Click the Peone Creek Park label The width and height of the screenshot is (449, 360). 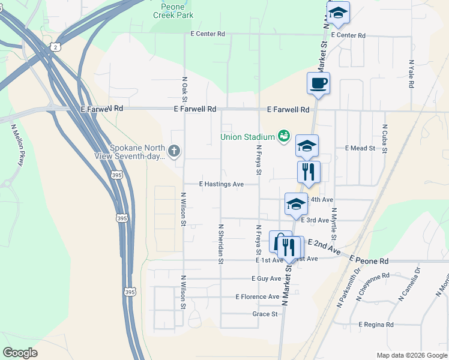click(x=177, y=11)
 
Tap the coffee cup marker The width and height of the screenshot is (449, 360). click(x=318, y=83)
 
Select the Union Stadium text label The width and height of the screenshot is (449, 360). click(x=247, y=137)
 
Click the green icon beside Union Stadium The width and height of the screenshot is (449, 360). click(x=283, y=137)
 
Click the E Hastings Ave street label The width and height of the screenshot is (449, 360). click(x=221, y=184)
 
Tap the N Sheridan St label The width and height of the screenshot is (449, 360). click(x=221, y=244)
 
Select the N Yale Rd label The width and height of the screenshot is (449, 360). click(x=411, y=74)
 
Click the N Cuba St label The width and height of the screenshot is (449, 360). click(x=384, y=139)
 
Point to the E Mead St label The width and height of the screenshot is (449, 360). click(x=360, y=148)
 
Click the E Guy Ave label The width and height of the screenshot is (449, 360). click(x=267, y=278)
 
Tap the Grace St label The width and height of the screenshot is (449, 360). click(x=265, y=314)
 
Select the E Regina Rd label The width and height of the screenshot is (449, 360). click(x=376, y=325)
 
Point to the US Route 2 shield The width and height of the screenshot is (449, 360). click(x=56, y=47)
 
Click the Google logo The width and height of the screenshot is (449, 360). click(x=20, y=352)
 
